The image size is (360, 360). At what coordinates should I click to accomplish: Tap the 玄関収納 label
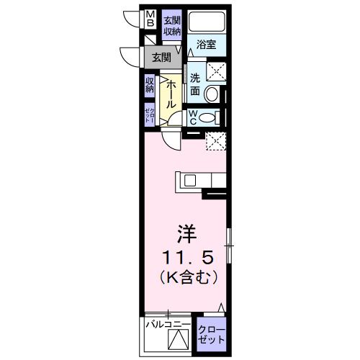click(171, 25)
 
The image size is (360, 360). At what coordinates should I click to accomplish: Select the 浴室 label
click(207, 44)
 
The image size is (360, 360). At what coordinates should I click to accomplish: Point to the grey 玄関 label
click(161, 57)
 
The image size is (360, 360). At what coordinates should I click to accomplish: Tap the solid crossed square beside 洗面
click(215, 71)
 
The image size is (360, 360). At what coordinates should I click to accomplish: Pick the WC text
click(195, 117)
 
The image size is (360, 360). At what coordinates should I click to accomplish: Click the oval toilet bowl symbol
click(207, 119)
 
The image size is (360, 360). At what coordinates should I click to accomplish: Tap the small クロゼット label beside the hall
click(150, 114)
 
